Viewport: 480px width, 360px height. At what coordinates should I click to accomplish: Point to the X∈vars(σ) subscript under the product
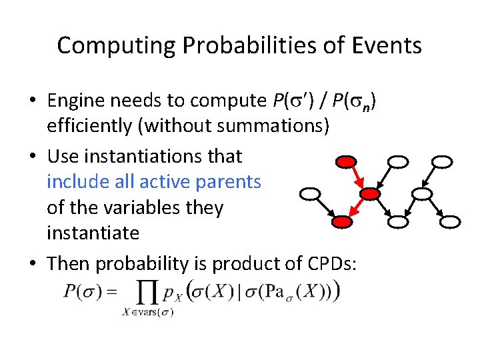tap(149, 312)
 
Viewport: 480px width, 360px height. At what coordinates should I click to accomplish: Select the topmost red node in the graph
tap(346, 162)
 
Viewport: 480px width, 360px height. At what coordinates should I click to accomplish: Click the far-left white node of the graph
tap(311, 194)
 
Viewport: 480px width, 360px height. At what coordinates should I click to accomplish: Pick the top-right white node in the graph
tap(442, 162)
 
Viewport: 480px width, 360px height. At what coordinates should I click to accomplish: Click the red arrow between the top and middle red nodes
tap(358, 178)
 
